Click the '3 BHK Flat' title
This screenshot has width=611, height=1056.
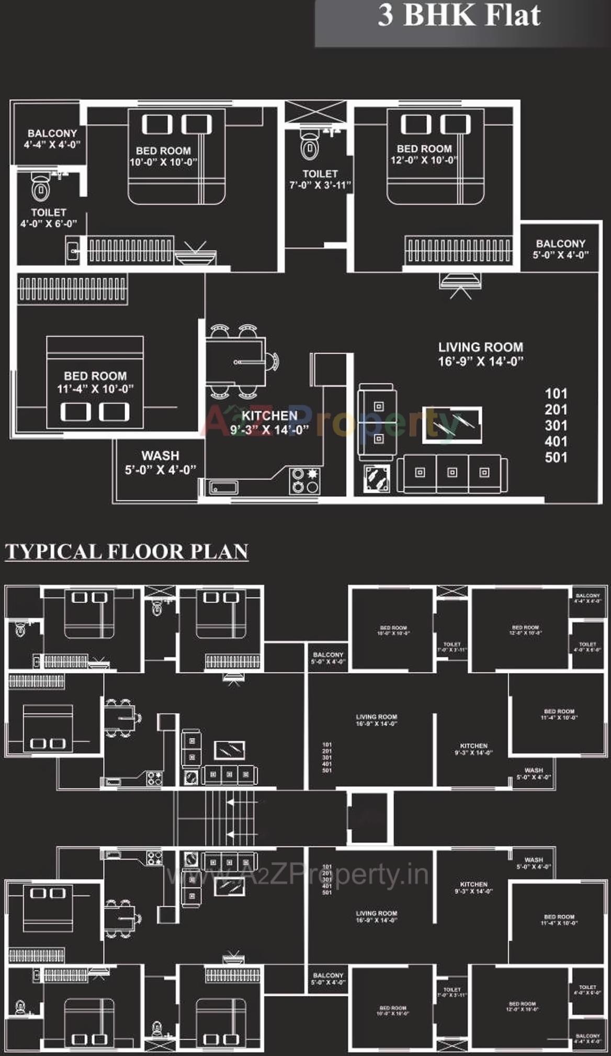[459, 15]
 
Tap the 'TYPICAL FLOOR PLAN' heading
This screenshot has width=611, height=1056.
[127, 552]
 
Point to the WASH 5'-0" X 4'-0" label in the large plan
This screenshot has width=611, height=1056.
[160, 463]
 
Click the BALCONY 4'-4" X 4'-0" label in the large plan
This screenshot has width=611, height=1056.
[52, 139]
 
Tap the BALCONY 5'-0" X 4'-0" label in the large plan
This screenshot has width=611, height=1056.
[560, 249]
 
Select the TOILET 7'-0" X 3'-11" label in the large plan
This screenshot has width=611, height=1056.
[320, 179]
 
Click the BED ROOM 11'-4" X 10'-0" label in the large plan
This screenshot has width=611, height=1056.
[95, 382]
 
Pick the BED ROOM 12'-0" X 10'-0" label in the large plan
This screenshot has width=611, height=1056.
[424, 154]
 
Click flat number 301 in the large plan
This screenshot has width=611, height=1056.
[556, 425]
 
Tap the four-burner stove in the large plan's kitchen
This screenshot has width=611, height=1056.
[305, 481]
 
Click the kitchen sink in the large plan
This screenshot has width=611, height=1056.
[224, 488]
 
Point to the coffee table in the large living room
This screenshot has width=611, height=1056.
[452, 425]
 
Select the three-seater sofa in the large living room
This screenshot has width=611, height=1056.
[452, 473]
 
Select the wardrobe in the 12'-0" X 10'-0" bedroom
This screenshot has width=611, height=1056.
[458, 249]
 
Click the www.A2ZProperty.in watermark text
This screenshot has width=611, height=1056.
[297, 875]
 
